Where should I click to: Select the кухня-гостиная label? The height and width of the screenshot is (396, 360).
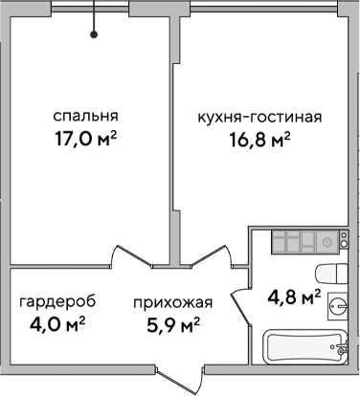point(259,118)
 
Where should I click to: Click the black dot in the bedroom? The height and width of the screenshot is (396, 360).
point(94,35)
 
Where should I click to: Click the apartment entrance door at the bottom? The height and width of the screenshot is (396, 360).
point(182,378)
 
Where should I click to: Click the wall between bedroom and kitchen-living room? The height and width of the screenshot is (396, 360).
point(174,143)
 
